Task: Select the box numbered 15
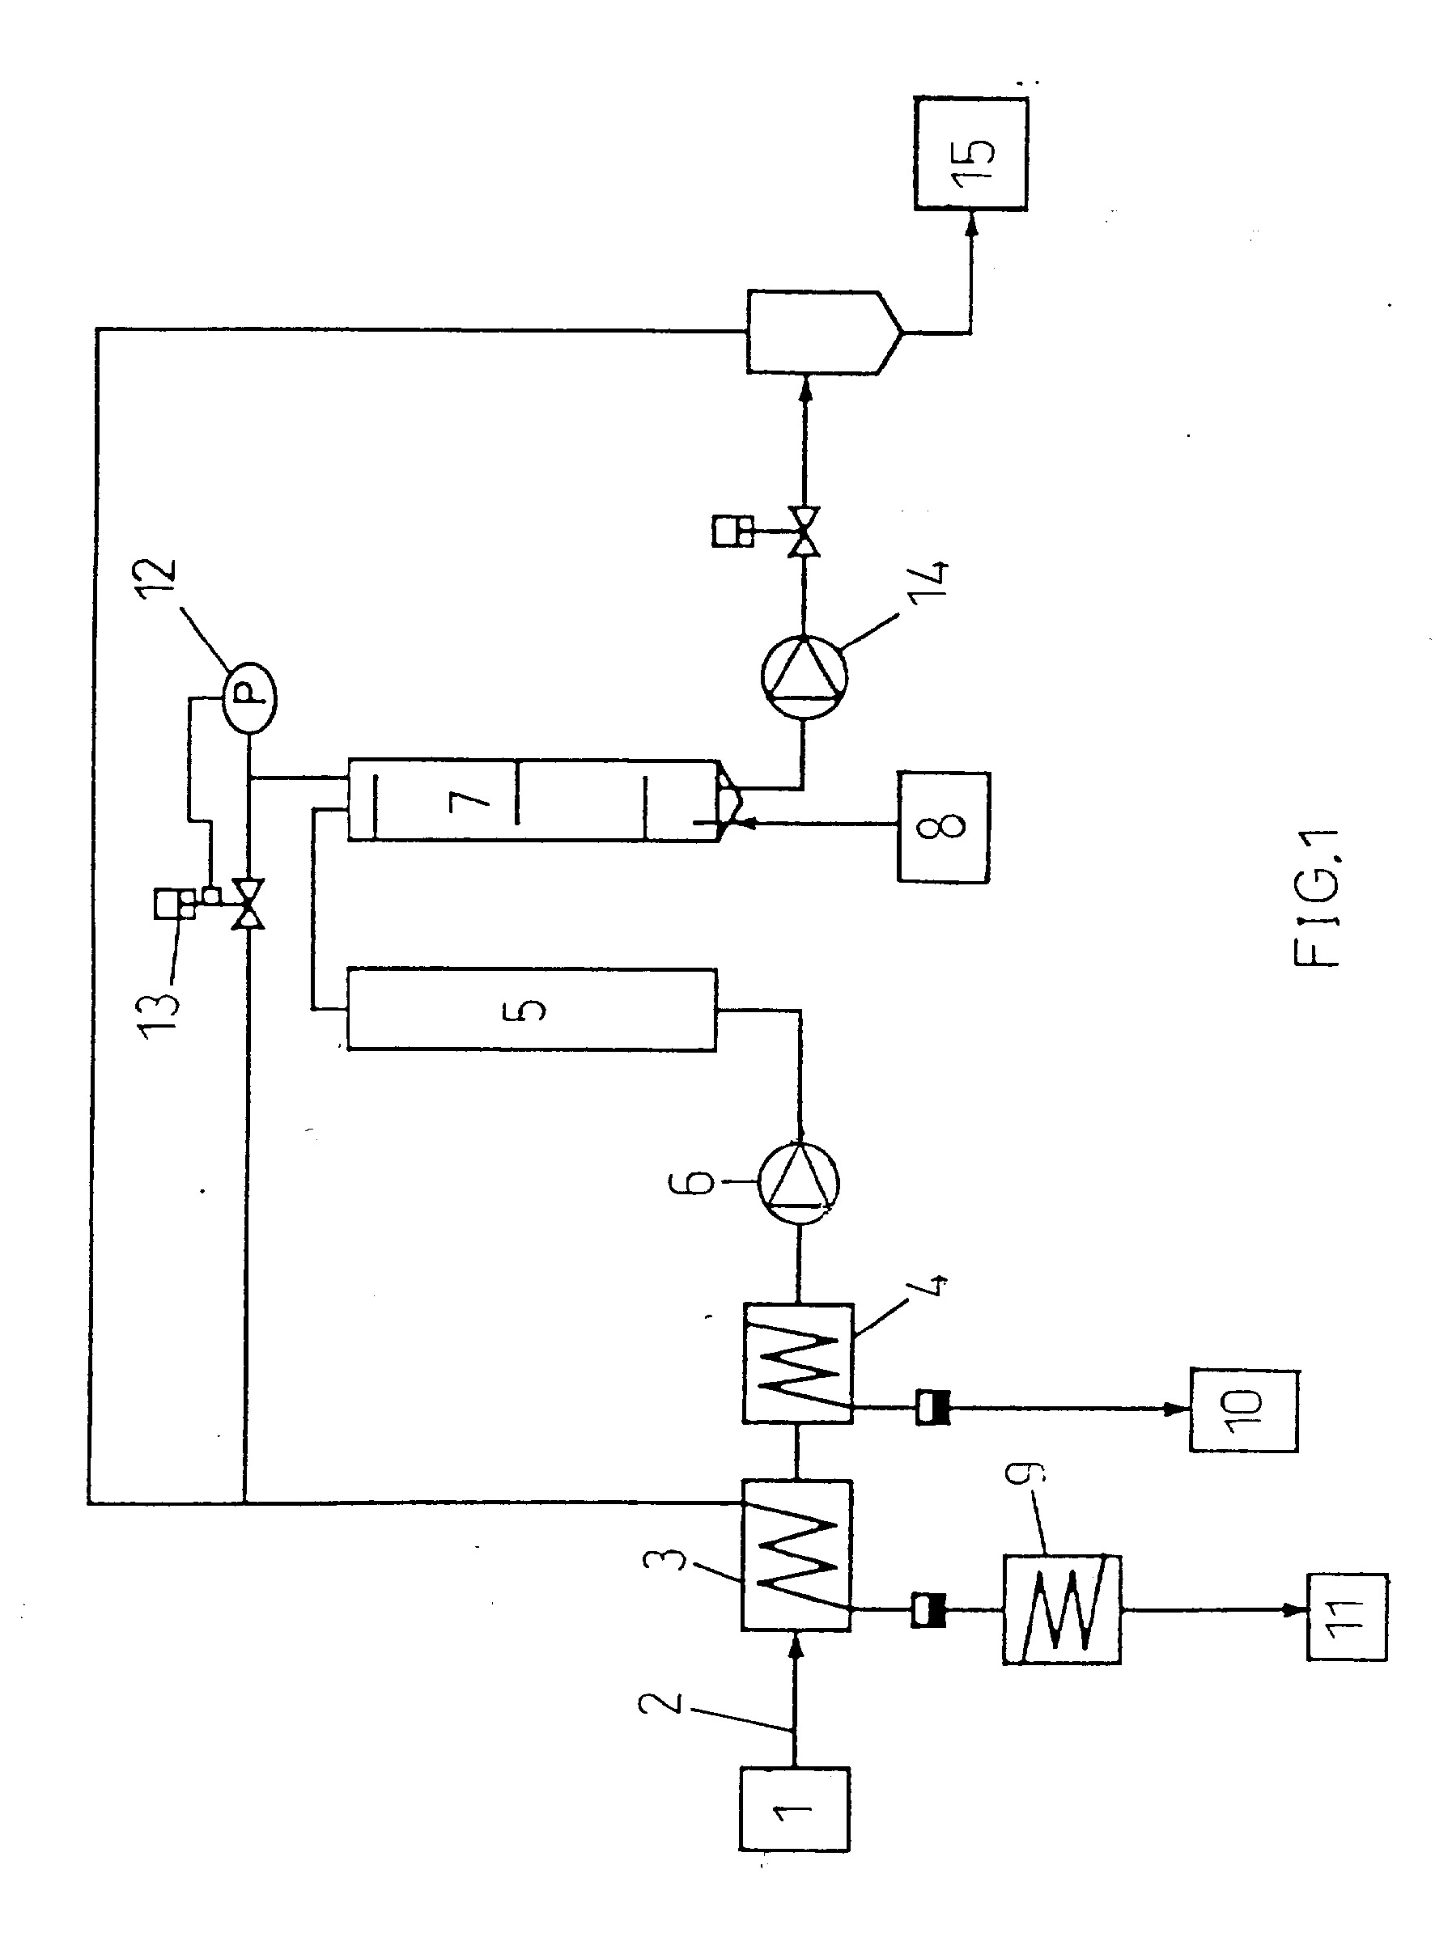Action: pyautogui.click(x=970, y=153)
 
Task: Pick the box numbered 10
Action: pyautogui.click(x=1244, y=1410)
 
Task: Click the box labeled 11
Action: pyautogui.click(x=1347, y=1630)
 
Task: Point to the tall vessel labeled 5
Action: pyautogui.click(x=532, y=1009)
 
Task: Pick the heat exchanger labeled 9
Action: pyautogui.click(x=1062, y=1609)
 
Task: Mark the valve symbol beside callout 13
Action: pyautogui.click(x=248, y=904)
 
